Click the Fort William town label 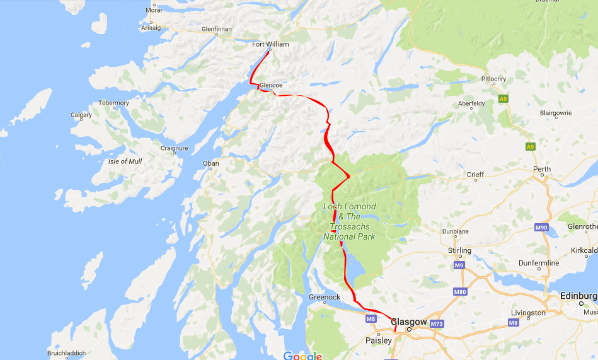(x=270, y=44)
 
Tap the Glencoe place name (x=270, y=85)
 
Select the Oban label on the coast (x=210, y=163)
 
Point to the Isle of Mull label (x=125, y=161)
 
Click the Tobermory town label (x=113, y=103)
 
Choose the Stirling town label (x=459, y=250)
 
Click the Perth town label (x=541, y=169)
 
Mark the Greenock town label (x=325, y=297)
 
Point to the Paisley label (x=378, y=340)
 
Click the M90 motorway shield (x=541, y=227)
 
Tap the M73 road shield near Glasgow (x=437, y=324)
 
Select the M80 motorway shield (x=460, y=292)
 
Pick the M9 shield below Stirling (x=459, y=266)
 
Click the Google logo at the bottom (x=302, y=356)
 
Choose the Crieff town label (x=475, y=175)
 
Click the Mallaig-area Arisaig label (x=151, y=28)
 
